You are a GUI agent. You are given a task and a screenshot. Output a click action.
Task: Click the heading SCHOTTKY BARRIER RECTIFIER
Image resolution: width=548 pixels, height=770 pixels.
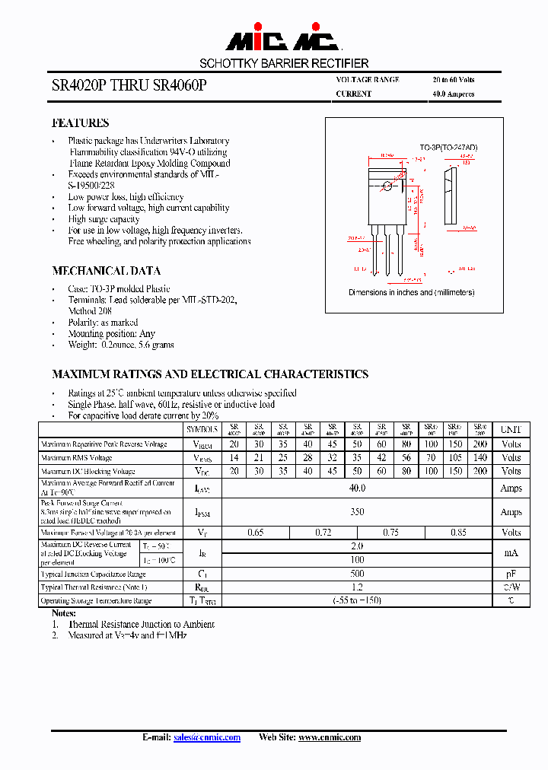(284, 64)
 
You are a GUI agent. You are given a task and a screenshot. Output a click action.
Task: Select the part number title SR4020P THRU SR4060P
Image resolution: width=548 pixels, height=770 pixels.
(129, 86)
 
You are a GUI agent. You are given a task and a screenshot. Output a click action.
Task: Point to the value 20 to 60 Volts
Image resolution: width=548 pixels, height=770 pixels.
(454, 80)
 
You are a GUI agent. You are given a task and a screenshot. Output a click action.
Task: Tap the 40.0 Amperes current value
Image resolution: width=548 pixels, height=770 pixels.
(453, 94)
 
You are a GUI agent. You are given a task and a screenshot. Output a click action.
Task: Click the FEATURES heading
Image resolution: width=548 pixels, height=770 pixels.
(80, 123)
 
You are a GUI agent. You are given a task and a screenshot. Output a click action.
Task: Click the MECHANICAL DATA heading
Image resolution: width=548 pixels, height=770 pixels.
(106, 271)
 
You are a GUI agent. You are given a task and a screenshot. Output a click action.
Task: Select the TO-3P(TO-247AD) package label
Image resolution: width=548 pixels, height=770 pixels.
(448, 147)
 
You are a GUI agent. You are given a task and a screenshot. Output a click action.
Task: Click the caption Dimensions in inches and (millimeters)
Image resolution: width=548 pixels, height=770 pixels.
(412, 292)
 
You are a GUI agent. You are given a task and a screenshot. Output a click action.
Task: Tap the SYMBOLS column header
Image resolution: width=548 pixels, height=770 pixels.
(202, 430)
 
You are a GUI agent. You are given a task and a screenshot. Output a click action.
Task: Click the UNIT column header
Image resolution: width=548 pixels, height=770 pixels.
(511, 430)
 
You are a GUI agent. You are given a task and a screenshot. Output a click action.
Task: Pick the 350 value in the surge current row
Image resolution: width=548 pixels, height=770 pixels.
(357, 513)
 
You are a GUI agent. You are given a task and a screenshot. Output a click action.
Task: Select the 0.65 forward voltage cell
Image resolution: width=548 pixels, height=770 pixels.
(256, 533)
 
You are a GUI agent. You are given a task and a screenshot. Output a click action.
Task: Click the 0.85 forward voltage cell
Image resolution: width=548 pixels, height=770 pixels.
(458, 533)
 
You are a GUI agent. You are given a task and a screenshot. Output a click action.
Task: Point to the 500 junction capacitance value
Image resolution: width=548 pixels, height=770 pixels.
(357, 574)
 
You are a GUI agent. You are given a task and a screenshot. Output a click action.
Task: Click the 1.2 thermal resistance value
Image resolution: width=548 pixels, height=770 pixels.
(357, 587)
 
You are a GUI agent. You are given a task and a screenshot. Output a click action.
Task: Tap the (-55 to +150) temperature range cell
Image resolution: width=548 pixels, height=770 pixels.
(357, 601)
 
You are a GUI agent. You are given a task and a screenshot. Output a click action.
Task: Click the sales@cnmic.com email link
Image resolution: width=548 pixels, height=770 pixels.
(207, 737)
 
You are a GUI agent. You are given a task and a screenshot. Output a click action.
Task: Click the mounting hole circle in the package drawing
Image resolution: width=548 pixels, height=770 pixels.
(388, 186)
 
